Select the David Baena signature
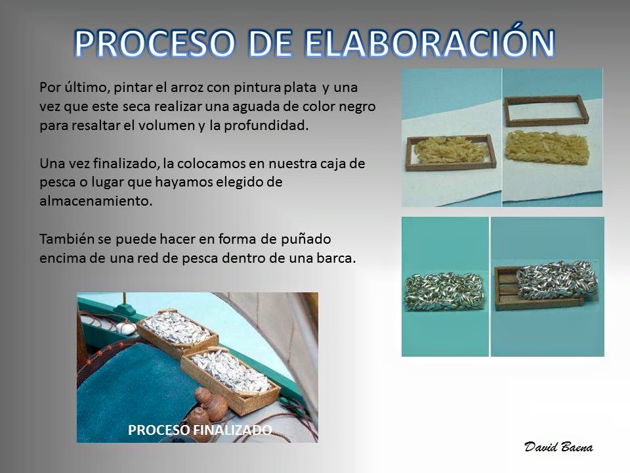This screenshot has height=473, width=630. coord(558,447)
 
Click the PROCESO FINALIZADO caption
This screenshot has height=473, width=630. coord(199,430)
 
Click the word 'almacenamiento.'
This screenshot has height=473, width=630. coord(96,201)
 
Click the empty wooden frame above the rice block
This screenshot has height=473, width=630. coord(546,110)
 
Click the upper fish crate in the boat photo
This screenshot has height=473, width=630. coord(177,332)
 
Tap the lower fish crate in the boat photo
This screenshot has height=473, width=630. coord(230,378)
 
